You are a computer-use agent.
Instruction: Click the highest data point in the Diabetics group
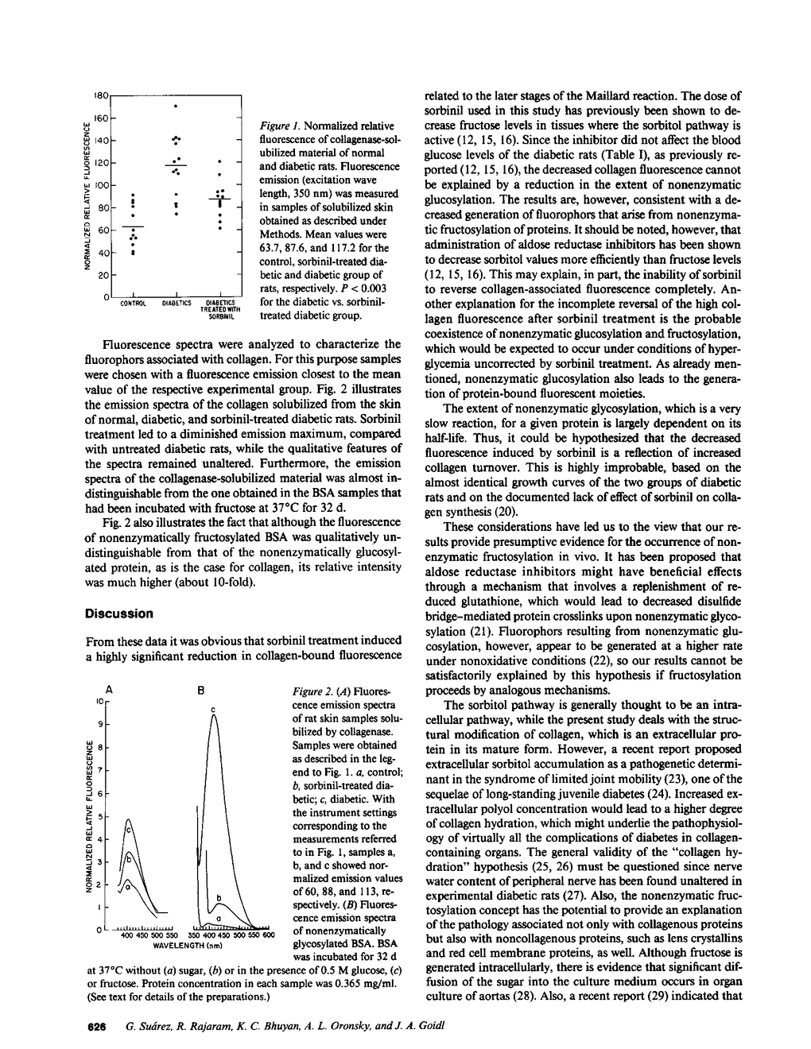(x=176, y=106)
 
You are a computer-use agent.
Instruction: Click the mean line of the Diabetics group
(x=176, y=165)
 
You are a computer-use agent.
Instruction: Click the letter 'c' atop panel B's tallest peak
(x=214, y=708)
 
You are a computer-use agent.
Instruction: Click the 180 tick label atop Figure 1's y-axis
(x=100, y=95)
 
